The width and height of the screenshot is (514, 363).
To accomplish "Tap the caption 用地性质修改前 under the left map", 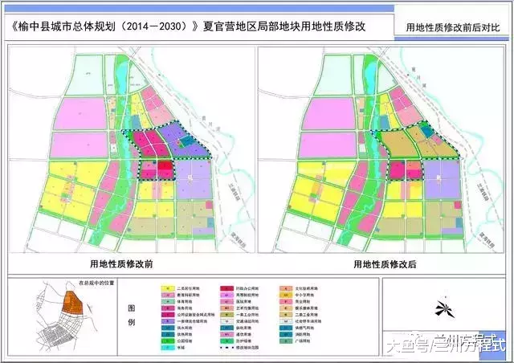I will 128,263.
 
